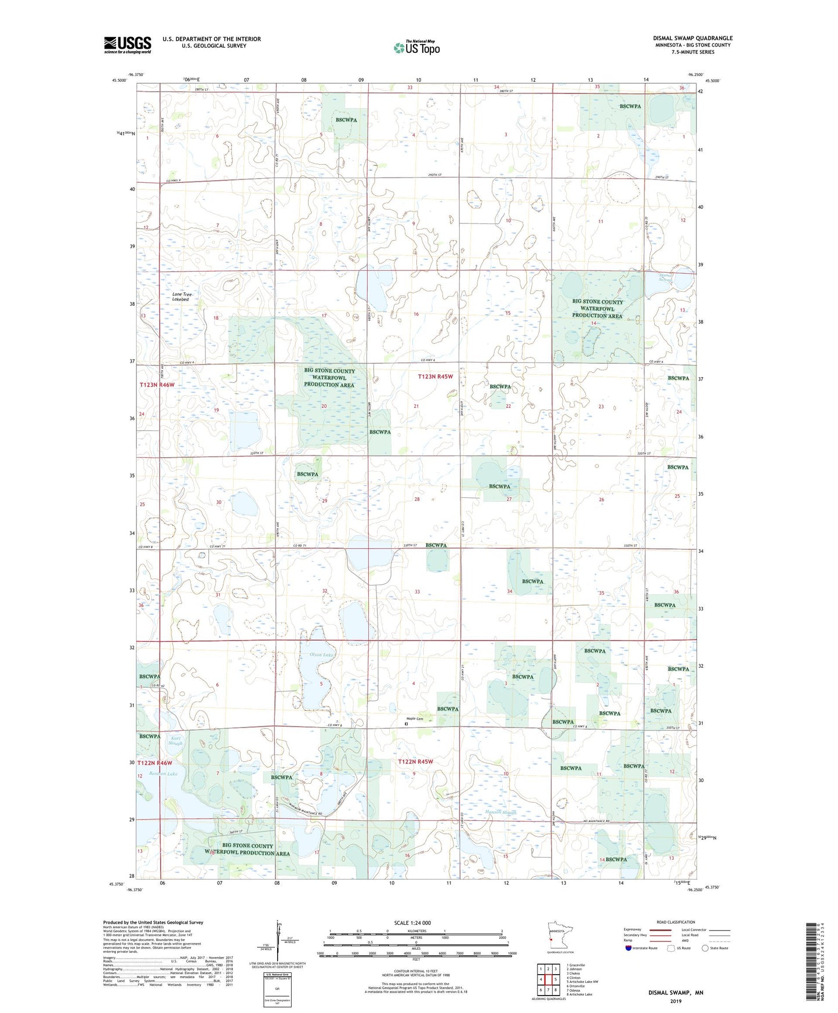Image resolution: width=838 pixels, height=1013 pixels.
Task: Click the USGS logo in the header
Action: click(x=128, y=45)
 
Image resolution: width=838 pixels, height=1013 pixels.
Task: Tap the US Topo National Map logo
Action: click(x=416, y=48)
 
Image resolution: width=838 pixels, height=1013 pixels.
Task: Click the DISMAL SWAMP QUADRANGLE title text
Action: click(x=692, y=38)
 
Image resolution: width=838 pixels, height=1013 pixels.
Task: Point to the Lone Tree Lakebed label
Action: click(x=182, y=296)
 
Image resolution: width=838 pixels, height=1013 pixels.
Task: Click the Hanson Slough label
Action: click(x=500, y=812)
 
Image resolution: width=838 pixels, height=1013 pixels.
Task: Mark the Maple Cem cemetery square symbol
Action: click(x=407, y=723)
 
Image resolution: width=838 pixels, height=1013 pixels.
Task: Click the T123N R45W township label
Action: click(x=435, y=377)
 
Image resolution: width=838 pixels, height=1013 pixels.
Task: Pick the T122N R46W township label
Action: click(x=155, y=762)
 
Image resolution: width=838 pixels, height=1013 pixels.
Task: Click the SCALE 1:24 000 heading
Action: click(x=412, y=922)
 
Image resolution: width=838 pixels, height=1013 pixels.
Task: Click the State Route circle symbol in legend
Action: click(x=705, y=948)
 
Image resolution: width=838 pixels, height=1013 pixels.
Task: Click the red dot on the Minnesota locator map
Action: click(x=550, y=937)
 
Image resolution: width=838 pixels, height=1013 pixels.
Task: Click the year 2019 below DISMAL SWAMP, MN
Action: click(x=676, y=1001)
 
